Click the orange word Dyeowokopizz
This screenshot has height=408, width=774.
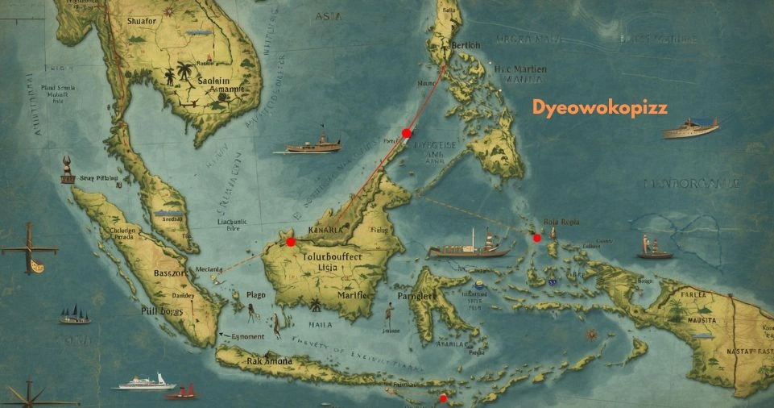coord(600,107)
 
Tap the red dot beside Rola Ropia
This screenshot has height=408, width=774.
coord(537,238)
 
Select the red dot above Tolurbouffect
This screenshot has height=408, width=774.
coord(290,242)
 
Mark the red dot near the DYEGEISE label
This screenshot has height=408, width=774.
coord(407,133)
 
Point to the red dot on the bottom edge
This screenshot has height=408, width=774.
coord(442,398)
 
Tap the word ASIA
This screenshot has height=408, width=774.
coord(329,15)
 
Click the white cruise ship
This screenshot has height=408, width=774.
coord(147,381)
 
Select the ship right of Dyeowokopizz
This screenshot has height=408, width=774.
coord(690,127)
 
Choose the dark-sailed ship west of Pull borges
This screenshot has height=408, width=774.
coord(75,314)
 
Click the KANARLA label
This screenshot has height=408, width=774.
coord(321,229)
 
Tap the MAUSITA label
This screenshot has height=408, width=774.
coord(702,320)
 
